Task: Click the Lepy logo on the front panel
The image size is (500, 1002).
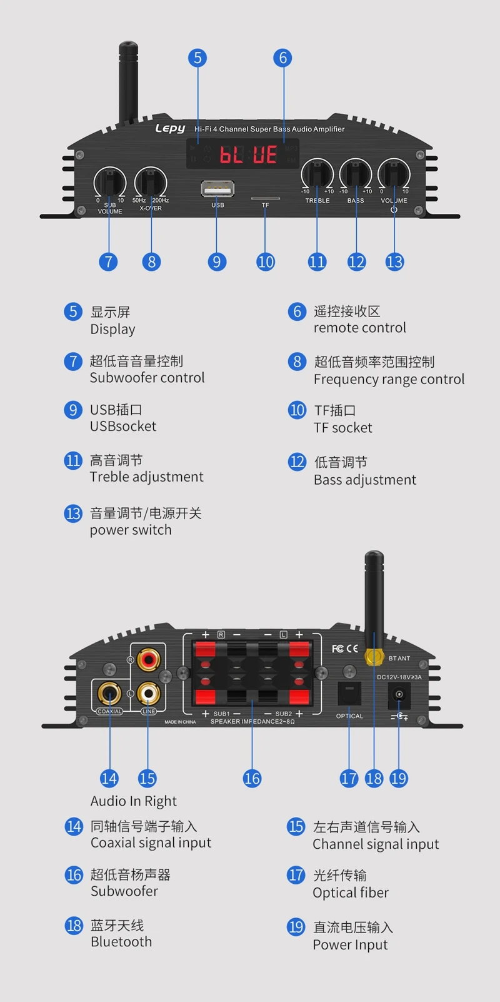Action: pyautogui.click(x=170, y=128)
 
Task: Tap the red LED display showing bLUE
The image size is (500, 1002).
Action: pyautogui.click(x=247, y=154)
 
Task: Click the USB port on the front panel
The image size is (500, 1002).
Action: pyautogui.click(x=217, y=189)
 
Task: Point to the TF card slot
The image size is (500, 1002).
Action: pyautogui.click(x=265, y=198)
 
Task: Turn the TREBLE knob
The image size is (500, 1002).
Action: pyautogui.click(x=317, y=173)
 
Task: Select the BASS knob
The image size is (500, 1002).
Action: pyautogui.click(x=356, y=173)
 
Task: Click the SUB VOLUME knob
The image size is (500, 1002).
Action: pyautogui.click(x=110, y=182)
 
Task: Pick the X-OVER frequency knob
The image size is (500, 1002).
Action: pyautogui.click(x=151, y=182)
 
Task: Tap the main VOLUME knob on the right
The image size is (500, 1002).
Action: pyautogui.click(x=394, y=173)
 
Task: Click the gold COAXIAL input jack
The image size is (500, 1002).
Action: pyautogui.click(x=109, y=694)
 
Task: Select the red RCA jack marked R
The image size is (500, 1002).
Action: pyautogui.click(x=148, y=659)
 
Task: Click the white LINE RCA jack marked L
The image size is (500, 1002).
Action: pyautogui.click(x=148, y=693)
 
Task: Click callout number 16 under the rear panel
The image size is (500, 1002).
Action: pyautogui.click(x=252, y=779)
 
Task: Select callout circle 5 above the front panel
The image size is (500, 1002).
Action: pyautogui.click(x=197, y=58)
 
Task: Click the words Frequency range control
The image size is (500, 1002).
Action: pyautogui.click(x=389, y=379)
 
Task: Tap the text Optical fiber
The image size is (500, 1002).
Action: pyautogui.click(x=351, y=893)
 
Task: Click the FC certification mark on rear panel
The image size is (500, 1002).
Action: pyautogui.click(x=337, y=648)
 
